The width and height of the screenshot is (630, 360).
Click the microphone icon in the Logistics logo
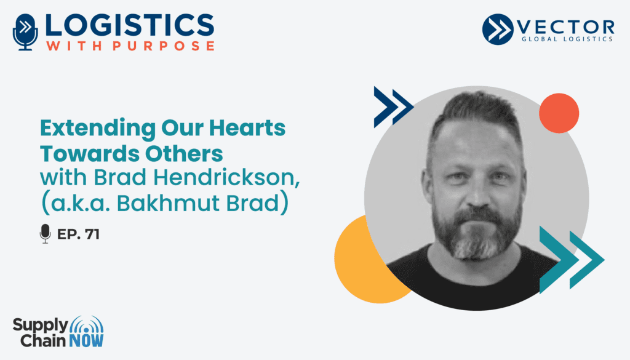click(25, 32)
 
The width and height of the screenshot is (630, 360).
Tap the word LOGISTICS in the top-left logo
click(130, 25)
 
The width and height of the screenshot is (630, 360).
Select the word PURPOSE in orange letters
click(164, 46)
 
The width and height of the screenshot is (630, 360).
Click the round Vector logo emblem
click(498, 29)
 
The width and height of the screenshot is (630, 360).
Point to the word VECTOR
click(566, 27)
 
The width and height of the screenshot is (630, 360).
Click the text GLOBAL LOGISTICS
click(567, 39)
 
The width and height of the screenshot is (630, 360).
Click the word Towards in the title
click(90, 153)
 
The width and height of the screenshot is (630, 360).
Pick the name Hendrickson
click(227, 177)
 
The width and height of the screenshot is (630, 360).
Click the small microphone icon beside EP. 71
click(46, 234)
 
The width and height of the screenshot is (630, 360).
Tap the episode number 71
click(92, 234)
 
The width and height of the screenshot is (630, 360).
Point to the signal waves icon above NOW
click(86, 326)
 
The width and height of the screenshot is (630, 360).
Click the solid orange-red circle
click(559, 113)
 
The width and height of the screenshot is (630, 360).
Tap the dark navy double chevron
click(394, 107)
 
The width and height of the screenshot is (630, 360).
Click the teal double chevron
click(572, 260)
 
